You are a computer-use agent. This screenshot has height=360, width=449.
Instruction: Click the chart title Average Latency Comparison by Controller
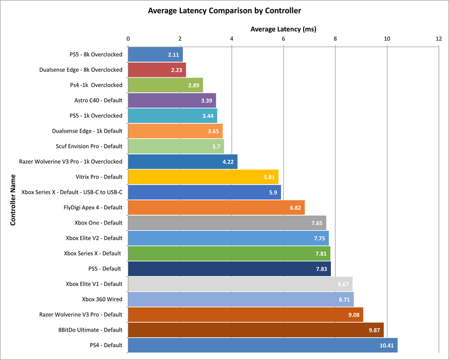(x=224, y=10)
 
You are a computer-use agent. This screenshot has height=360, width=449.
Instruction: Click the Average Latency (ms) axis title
(x=283, y=28)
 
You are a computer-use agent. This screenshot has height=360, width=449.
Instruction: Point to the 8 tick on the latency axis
(x=335, y=39)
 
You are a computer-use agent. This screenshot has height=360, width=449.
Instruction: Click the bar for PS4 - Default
(x=262, y=345)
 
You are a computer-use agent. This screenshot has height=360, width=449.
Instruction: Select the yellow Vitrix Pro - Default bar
(x=203, y=177)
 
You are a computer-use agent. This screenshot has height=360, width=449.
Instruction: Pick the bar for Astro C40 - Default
(x=172, y=100)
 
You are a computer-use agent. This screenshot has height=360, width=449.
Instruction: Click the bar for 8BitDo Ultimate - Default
(x=255, y=330)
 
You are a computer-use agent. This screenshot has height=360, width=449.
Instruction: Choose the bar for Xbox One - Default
(x=227, y=223)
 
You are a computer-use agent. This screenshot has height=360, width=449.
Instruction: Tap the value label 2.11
(x=173, y=55)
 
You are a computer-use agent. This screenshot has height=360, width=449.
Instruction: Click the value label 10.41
(x=386, y=345)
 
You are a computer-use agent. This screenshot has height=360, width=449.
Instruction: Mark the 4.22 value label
(x=229, y=161)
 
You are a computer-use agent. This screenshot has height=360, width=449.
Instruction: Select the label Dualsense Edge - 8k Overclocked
(x=81, y=70)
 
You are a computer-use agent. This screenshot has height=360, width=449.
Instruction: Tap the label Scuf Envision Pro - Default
(x=89, y=146)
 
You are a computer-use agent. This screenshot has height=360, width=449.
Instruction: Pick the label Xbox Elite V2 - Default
(x=94, y=238)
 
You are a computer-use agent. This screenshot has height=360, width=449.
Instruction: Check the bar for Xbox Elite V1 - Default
(x=240, y=284)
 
